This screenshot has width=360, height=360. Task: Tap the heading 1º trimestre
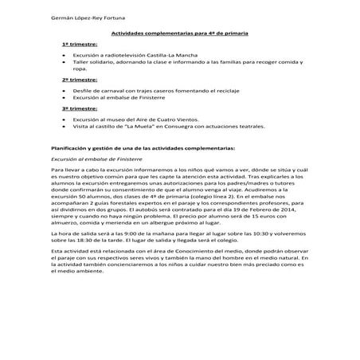tap(77, 47)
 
